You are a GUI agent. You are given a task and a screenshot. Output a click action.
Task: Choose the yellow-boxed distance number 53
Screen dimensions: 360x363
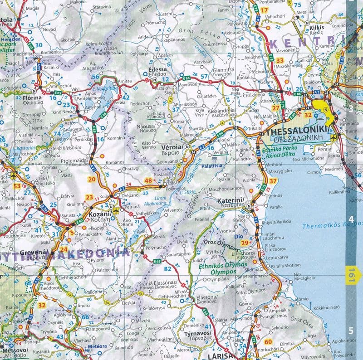(17, 186)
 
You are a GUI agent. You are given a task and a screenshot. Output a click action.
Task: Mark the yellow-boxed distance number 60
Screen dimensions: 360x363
(268, 342)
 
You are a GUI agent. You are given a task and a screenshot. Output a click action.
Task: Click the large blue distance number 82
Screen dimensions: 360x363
(167, 269)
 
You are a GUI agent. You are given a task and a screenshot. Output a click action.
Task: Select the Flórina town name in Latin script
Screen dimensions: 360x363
(32, 97)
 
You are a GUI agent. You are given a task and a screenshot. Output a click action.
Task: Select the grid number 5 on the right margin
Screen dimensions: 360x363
(350, 330)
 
